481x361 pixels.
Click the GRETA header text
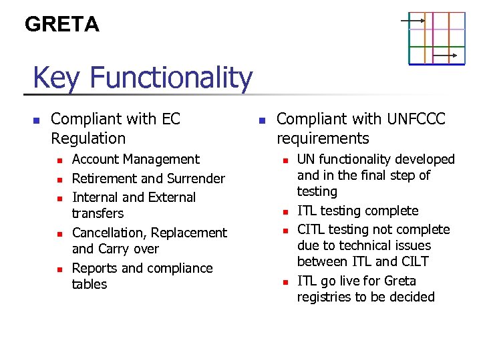coord(62,25)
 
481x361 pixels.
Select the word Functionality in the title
coord(171,78)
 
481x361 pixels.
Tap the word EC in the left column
coord(171,119)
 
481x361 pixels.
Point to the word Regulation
coord(88,138)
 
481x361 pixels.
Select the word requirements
coord(323,138)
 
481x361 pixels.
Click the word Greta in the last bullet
coord(400,281)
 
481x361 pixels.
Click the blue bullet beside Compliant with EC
coord(37,121)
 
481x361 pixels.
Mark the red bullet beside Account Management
coord(59,160)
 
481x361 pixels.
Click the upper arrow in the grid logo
coord(413,21)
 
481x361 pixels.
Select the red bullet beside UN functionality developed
coord(285,160)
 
